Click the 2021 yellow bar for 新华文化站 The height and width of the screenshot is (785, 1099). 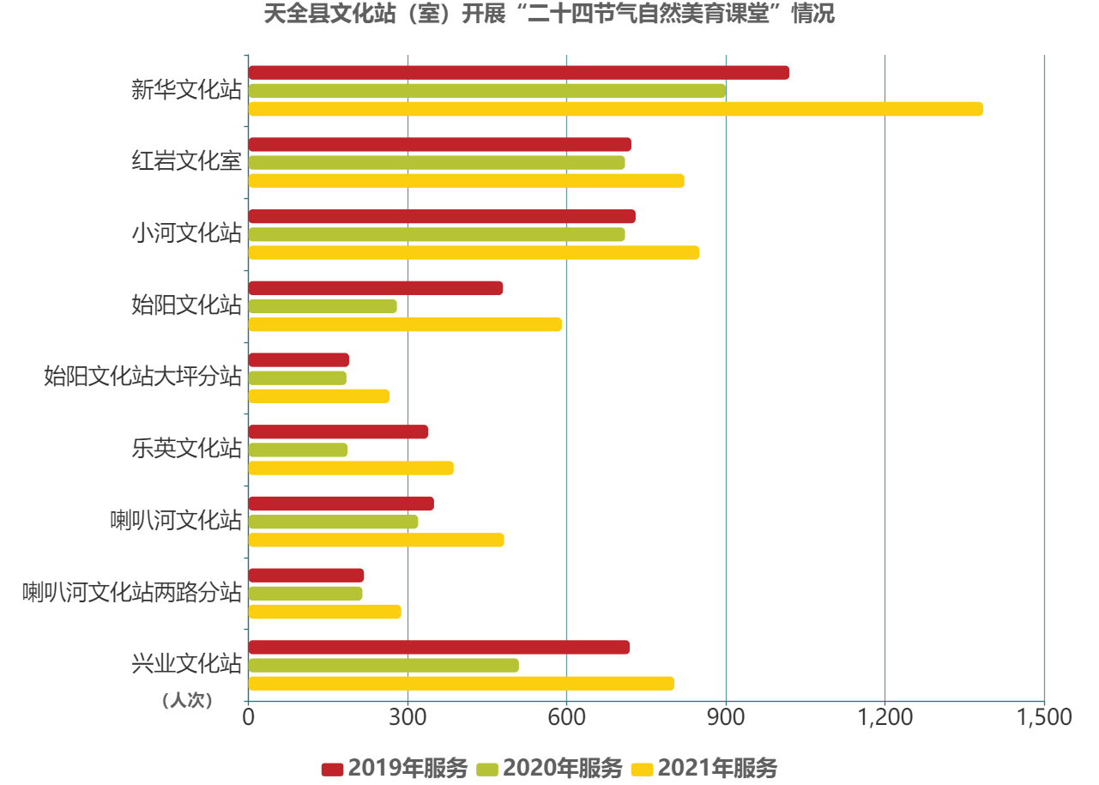615,109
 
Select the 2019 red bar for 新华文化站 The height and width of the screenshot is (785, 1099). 519,73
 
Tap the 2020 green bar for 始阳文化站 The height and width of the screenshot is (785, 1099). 323,306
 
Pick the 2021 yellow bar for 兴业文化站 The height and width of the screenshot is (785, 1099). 462,684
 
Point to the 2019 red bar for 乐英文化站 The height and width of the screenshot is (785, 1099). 338,432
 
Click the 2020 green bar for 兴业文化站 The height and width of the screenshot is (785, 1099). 383,666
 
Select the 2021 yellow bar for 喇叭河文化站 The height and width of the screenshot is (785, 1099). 376,540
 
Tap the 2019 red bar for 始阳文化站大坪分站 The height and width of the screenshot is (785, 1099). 299,360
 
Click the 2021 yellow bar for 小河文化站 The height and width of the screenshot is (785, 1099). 474,253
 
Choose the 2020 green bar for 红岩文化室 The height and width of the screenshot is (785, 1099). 437,163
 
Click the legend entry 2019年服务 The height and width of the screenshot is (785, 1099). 396,768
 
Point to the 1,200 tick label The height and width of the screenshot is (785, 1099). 885,717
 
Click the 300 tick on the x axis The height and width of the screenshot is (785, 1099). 408,717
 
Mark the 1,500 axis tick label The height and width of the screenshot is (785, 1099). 1044,717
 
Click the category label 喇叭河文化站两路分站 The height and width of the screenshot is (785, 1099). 132,593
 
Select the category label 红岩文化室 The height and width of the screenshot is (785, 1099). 186,162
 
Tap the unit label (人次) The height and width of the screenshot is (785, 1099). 186,701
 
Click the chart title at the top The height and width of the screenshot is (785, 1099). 549,15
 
